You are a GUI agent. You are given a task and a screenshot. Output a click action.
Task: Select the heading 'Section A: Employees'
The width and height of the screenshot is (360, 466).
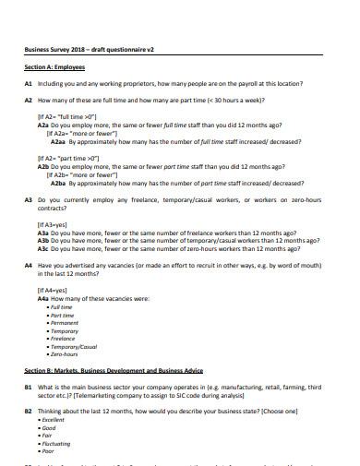[x=54, y=67]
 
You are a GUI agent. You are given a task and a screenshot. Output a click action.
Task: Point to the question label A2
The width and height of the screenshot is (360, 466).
[x=29, y=100]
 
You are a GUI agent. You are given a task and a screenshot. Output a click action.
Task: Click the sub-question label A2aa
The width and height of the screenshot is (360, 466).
[x=57, y=141]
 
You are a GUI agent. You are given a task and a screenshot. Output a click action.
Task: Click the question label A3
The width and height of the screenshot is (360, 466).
[x=29, y=199]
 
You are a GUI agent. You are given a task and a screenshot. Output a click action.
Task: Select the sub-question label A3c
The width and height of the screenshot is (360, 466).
[x=42, y=248]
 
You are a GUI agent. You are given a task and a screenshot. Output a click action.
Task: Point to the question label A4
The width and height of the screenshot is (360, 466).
[x=29, y=265]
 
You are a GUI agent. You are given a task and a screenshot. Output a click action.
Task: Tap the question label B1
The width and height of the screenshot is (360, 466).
[x=29, y=386]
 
